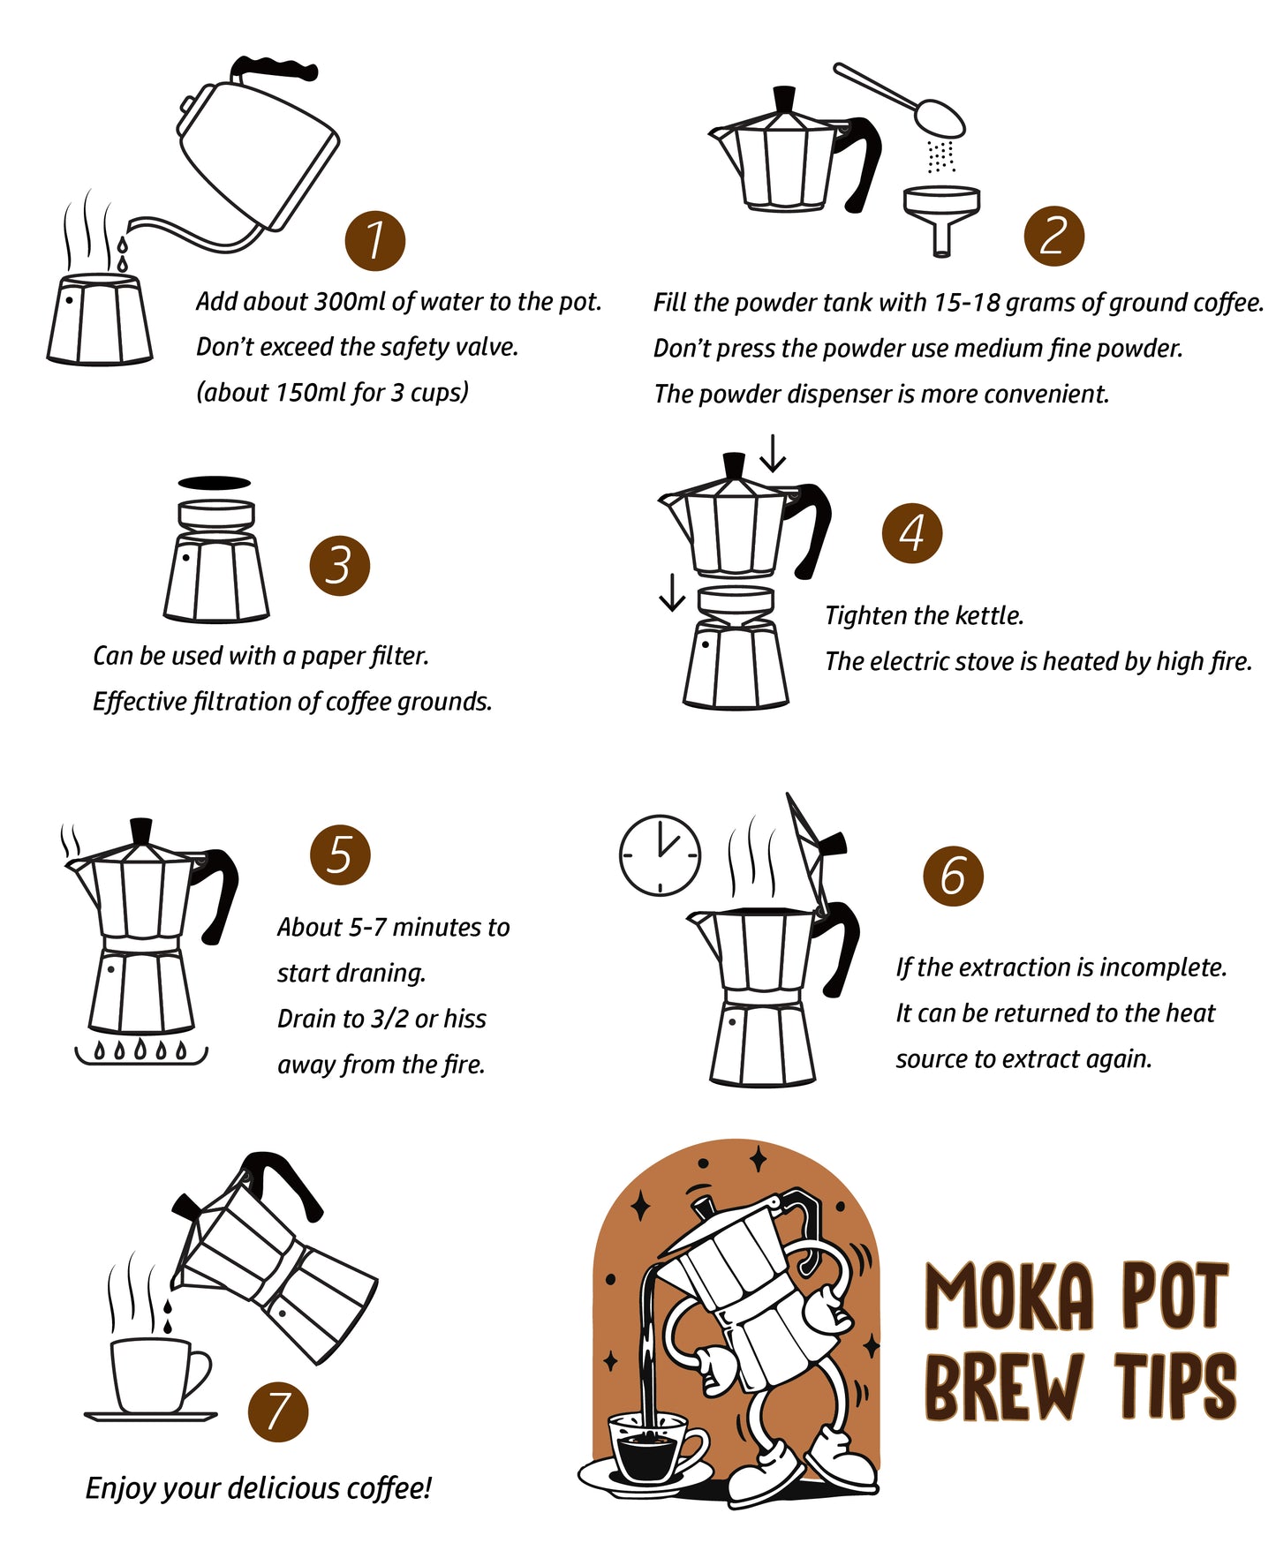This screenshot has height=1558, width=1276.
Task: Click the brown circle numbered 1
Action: (x=374, y=240)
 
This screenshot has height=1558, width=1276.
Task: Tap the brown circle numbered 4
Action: (x=912, y=533)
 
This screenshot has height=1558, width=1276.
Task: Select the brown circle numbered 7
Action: (x=278, y=1411)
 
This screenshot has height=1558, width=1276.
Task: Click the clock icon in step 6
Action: (x=660, y=855)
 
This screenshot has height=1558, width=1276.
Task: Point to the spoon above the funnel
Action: (x=901, y=100)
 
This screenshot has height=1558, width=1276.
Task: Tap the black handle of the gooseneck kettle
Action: (x=273, y=68)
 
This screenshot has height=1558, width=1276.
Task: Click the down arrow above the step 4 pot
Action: (x=773, y=453)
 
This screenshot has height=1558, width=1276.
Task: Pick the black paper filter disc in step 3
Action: (x=215, y=483)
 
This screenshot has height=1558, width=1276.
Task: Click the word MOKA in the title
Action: (x=1010, y=1296)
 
